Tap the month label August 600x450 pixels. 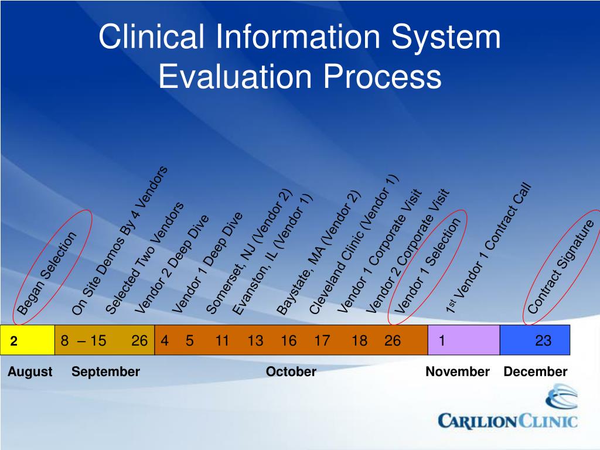(x=30, y=372)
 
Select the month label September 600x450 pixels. (x=105, y=372)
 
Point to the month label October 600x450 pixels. (x=291, y=372)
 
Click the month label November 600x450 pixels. (x=457, y=372)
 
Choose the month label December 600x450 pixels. (x=535, y=372)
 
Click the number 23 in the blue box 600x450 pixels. (x=543, y=340)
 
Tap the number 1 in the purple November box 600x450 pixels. (x=442, y=340)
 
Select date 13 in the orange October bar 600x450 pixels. (x=255, y=340)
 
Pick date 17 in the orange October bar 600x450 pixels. (x=322, y=340)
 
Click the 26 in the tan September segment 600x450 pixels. (x=139, y=340)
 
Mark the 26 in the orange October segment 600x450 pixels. (x=393, y=340)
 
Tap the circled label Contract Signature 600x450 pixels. (x=561, y=267)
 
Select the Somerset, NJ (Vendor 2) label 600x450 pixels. (x=249, y=252)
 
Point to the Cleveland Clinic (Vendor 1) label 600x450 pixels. (x=353, y=245)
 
